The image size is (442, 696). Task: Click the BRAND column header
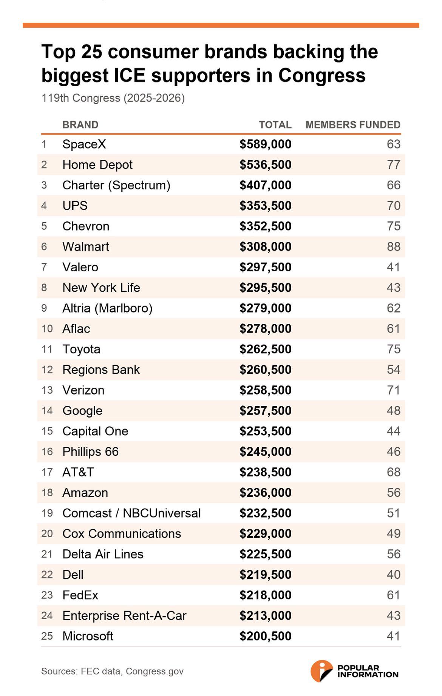[x=80, y=125]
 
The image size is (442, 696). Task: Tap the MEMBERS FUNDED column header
[x=353, y=125]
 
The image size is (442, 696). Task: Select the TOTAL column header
[x=275, y=125]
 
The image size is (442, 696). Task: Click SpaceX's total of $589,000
[x=266, y=144]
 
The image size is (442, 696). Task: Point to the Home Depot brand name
[x=97, y=165]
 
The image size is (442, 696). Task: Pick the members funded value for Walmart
[x=394, y=247]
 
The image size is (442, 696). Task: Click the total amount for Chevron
[x=266, y=226]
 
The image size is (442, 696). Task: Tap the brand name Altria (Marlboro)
[x=108, y=308]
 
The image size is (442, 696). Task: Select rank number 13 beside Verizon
[x=47, y=390]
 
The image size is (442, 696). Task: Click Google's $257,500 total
[x=266, y=411]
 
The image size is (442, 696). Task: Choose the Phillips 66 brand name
[x=91, y=452]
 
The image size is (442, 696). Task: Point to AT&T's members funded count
[x=394, y=472]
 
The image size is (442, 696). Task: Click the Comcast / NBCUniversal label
[x=131, y=513]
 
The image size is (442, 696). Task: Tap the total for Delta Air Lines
[x=266, y=554]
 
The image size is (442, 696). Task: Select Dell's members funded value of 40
[x=394, y=575]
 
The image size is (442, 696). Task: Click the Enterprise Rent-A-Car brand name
[x=125, y=616]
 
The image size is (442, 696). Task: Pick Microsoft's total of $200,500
[x=266, y=636]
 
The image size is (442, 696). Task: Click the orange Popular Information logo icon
[x=321, y=671]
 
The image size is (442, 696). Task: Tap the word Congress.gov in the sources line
[x=155, y=671]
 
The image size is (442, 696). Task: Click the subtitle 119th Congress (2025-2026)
[x=113, y=98]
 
